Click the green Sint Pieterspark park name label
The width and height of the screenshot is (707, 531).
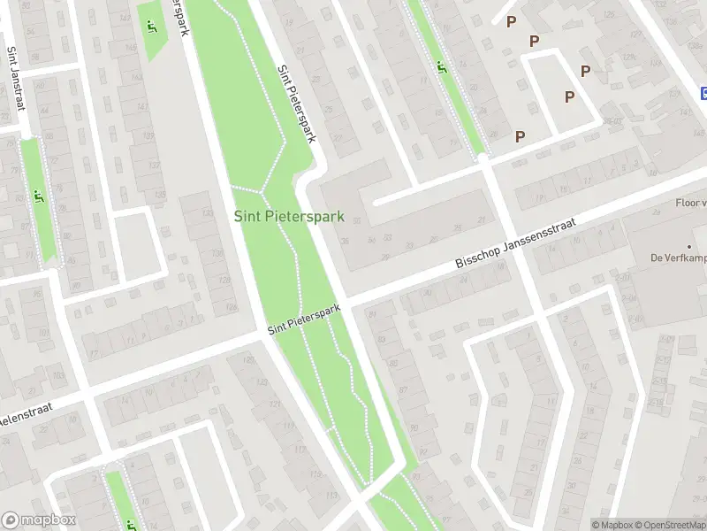(x=289, y=216)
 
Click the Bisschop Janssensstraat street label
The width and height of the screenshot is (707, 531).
(x=515, y=244)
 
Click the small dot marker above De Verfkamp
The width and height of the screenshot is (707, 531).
(x=689, y=246)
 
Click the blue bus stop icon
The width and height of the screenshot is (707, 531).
(x=703, y=93)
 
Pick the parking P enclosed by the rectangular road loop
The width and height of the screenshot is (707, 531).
(x=570, y=96)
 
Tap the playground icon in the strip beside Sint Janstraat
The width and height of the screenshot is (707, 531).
(x=38, y=196)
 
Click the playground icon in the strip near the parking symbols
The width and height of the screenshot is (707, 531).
(x=441, y=65)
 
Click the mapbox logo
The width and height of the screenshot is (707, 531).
(x=40, y=520)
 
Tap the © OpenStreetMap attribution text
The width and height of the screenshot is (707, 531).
(x=668, y=525)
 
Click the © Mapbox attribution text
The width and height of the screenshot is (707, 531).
(x=612, y=525)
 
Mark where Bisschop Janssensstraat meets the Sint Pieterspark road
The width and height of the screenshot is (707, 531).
(x=346, y=301)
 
